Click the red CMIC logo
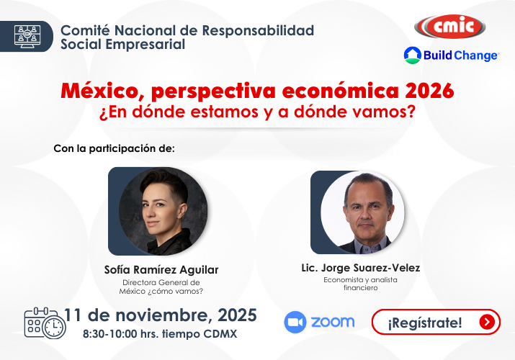pyautogui.click(x=449, y=27)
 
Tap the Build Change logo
pyautogui.click(x=451, y=55)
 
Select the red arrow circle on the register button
pyautogui.click(x=488, y=322)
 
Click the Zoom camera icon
pyautogui.click(x=295, y=322)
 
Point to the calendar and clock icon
pyautogui.click(x=44, y=323)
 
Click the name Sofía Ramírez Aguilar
pyautogui.click(x=161, y=270)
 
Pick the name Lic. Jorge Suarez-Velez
pyautogui.click(x=361, y=268)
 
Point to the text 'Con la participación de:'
pyautogui.click(x=115, y=149)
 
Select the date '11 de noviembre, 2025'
pyautogui.click(x=161, y=315)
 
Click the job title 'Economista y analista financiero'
pyautogui.click(x=361, y=284)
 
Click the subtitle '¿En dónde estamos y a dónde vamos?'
pyautogui.click(x=258, y=113)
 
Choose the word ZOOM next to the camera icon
pyautogui.click(x=333, y=322)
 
